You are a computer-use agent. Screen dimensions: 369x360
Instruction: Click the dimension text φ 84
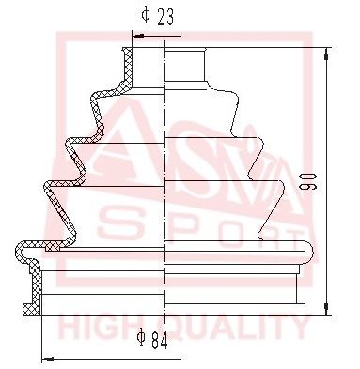155,339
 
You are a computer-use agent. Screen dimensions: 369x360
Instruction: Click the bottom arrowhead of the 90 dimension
325,311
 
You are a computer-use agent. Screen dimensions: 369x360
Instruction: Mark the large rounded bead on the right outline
305,249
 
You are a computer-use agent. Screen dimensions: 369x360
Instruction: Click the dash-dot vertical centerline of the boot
165,188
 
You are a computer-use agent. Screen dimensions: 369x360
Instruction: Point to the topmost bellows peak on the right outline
235,95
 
